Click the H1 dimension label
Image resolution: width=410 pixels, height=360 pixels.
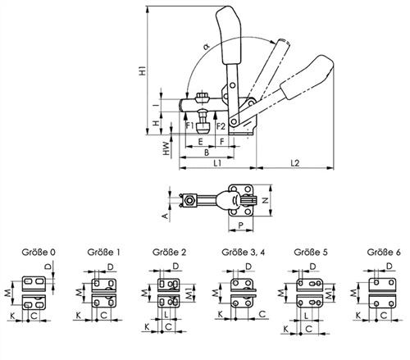click(143, 71)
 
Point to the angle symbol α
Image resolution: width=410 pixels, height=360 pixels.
click(207, 47)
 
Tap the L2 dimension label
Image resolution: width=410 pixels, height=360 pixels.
click(295, 163)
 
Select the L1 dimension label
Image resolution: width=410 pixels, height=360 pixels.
click(217, 163)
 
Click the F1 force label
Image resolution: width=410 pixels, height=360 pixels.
click(189, 126)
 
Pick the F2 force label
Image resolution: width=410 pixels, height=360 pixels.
click(221, 126)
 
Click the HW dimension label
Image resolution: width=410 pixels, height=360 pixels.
click(166, 148)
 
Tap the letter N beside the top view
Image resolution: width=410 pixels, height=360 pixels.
click(265, 200)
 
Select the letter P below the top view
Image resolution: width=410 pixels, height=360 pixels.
click(241, 226)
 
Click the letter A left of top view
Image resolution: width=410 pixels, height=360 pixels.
click(165, 216)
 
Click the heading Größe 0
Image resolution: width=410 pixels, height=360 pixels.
click(39, 252)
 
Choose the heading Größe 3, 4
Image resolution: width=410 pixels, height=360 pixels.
click(244, 252)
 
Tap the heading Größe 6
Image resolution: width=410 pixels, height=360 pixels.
click(384, 252)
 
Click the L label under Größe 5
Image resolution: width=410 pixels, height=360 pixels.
click(307, 316)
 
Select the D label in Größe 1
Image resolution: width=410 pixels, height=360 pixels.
click(111, 267)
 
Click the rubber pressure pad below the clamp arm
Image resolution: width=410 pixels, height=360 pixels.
click(203, 128)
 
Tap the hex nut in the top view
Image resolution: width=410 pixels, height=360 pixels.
click(189, 200)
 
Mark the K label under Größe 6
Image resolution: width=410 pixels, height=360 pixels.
click(358, 316)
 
